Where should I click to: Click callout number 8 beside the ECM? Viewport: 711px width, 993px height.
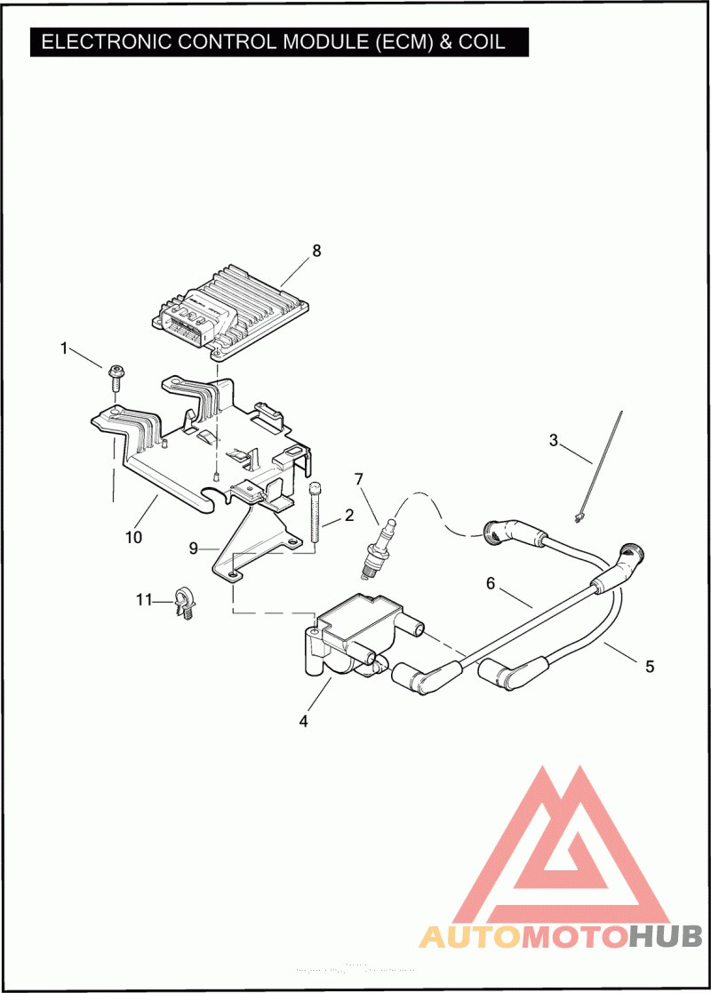[x=316, y=251]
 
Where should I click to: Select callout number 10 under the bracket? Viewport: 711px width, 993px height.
[x=133, y=537]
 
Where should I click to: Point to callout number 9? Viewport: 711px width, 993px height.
[x=193, y=549]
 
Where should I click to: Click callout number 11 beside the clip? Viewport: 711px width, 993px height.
[x=144, y=600]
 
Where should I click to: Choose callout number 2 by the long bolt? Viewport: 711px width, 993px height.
[x=349, y=515]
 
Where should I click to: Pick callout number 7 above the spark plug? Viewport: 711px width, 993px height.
[x=359, y=479]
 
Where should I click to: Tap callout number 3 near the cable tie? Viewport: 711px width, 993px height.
[x=554, y=439]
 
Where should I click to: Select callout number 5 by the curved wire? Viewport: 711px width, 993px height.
[x=650, y=665]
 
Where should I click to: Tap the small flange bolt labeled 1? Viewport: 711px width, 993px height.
[x=116, y=376]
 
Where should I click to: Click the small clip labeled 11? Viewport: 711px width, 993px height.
[x=185, y=603]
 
